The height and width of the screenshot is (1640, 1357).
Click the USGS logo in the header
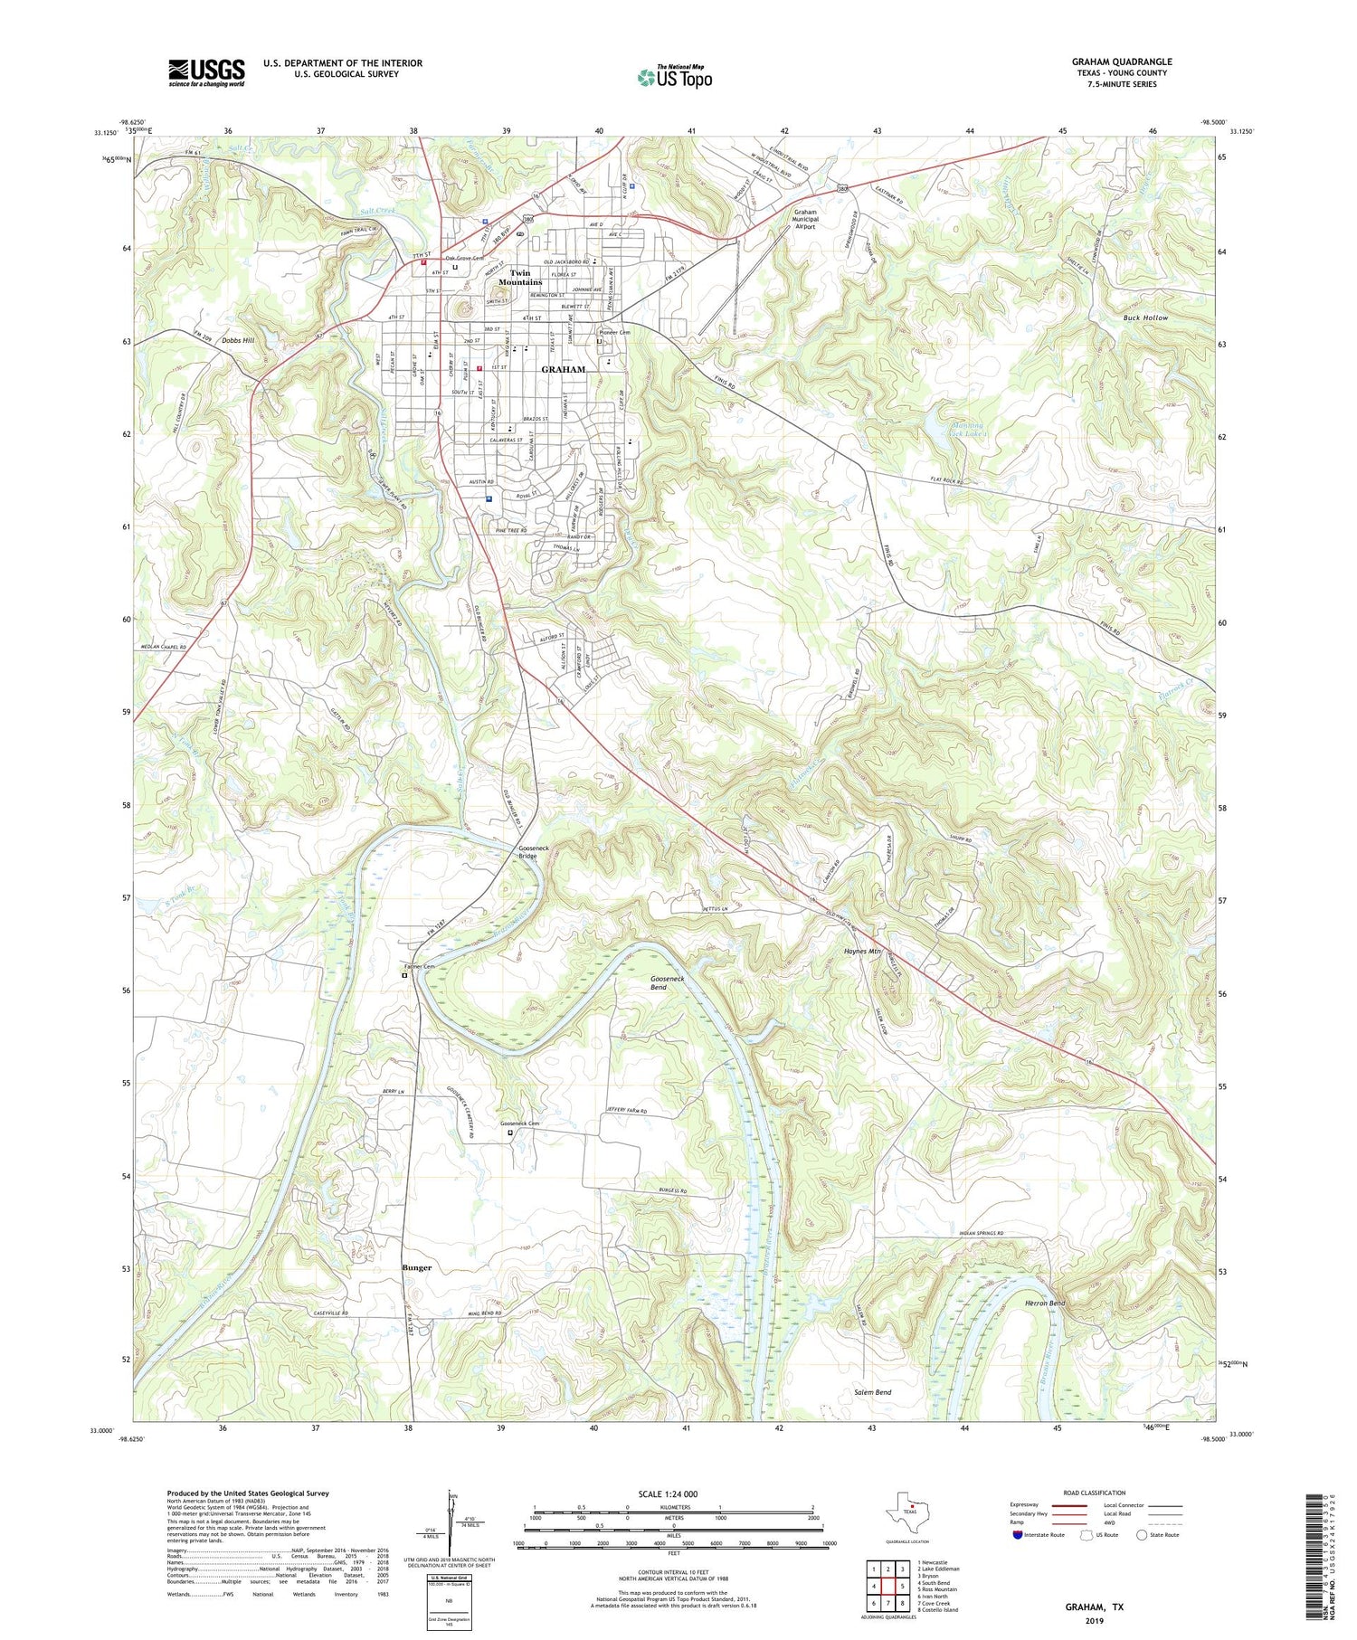[x=206, y=72]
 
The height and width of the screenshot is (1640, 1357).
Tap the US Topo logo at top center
[x=674, y=78]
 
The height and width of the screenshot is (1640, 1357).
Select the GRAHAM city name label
[x=563, y=369]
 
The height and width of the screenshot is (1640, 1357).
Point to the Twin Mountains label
[x=520, y=278]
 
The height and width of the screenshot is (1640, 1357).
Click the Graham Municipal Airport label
[x=805, y=219]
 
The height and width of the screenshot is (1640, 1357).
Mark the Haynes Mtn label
[x=862, y=952]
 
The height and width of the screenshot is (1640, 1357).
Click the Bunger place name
[x=417, y=1268]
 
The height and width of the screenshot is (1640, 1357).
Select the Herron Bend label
[x=1045, y=1303]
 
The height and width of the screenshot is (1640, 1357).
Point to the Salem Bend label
[x=873, y=1392]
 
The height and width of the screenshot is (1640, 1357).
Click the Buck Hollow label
[x=1145, y=318]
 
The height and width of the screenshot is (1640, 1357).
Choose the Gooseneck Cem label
[x=520, y=1124]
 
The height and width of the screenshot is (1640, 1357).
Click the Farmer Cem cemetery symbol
[x=404, y=975]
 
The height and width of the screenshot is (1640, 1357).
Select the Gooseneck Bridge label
[x=534, y=851]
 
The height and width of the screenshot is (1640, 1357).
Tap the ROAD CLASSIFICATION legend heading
[x=1095, y=1493]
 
